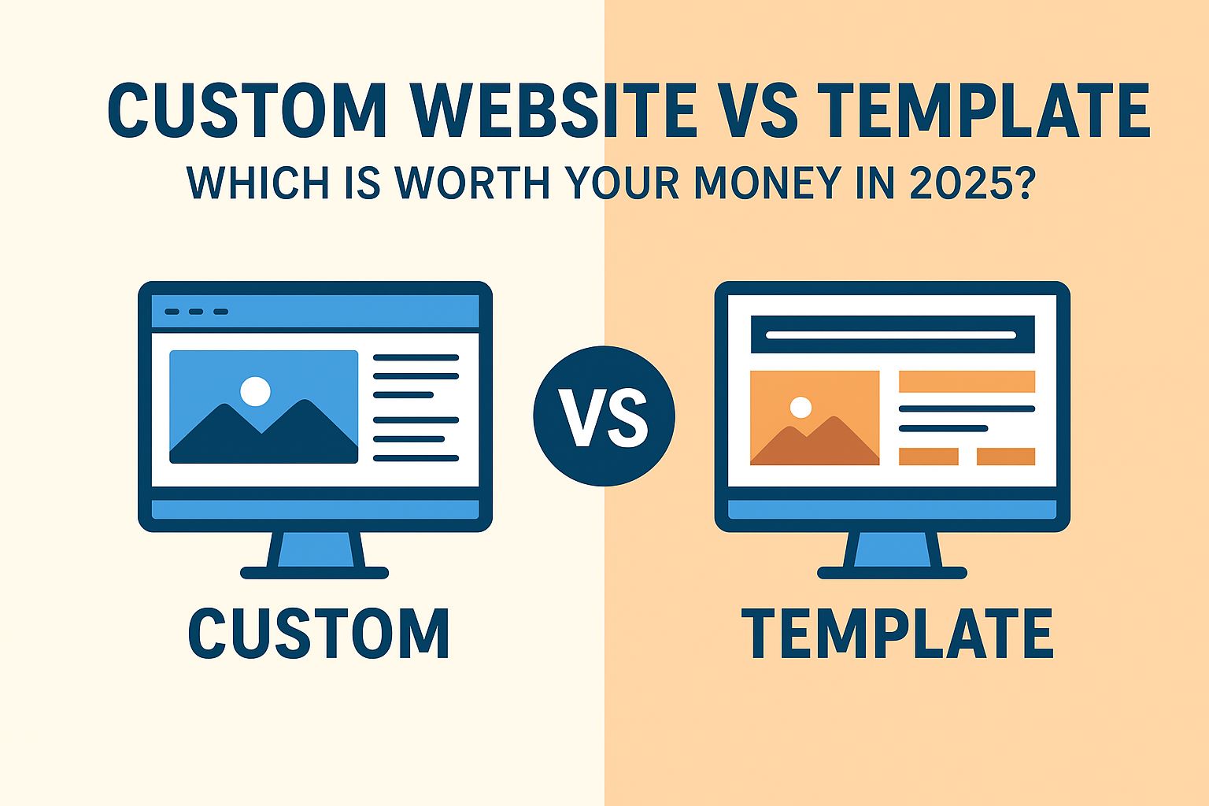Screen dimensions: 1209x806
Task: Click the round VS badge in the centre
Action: click(604, 416)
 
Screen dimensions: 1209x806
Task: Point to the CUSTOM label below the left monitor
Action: click(319, 634)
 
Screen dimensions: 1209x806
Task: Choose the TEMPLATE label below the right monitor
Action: click(897, 634)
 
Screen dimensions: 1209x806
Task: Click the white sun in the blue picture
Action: click(255, 391)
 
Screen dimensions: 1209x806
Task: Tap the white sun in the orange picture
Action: click(800, 407)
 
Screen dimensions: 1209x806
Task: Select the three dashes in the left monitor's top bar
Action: click(197, 312)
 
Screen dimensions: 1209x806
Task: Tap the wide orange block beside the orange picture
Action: click(967, 382)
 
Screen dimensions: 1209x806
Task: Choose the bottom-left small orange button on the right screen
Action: click(928, 457)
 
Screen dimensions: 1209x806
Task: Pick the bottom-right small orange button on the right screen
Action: click(1006, 457)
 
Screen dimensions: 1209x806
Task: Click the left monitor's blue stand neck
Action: click(315, 549)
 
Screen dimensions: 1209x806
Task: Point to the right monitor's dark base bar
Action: click(892, 573)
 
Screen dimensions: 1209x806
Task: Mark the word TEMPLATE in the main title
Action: click(983, 111)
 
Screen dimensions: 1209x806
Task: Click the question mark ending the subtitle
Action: click(1021, 183)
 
